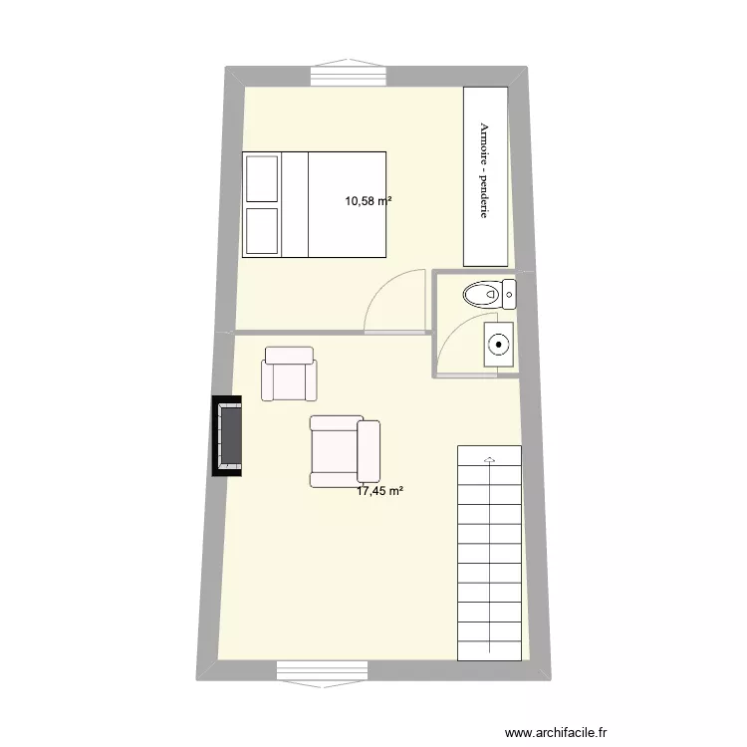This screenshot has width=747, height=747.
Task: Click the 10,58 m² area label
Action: pyautogui.click(x=368, y=201)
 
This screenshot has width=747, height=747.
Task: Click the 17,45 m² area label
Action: pyautogui.click(x=379, y=491)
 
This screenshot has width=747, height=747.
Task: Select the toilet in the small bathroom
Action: pyautogui.click(x=483, y=295)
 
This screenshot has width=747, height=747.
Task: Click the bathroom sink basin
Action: pyautogui.click(x=498, y=345)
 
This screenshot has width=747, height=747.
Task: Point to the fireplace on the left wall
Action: pyautogui.click(x=228, y=436)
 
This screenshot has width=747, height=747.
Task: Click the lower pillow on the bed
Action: pyautogui.click(x=262, y=230)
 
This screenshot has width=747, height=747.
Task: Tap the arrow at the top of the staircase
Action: pyautogui.click(x=489, y=459)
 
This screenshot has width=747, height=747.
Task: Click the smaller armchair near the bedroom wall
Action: pyautogui.click(x=289, y=373)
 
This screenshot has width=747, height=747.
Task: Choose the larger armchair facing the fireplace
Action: pyautogui.click(x=344, y=451)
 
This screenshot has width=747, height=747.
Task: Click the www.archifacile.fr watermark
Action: pyautogui.click(x=556, y=731)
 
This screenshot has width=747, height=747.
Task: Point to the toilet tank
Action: pyautogui.click(x=509, y=294)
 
